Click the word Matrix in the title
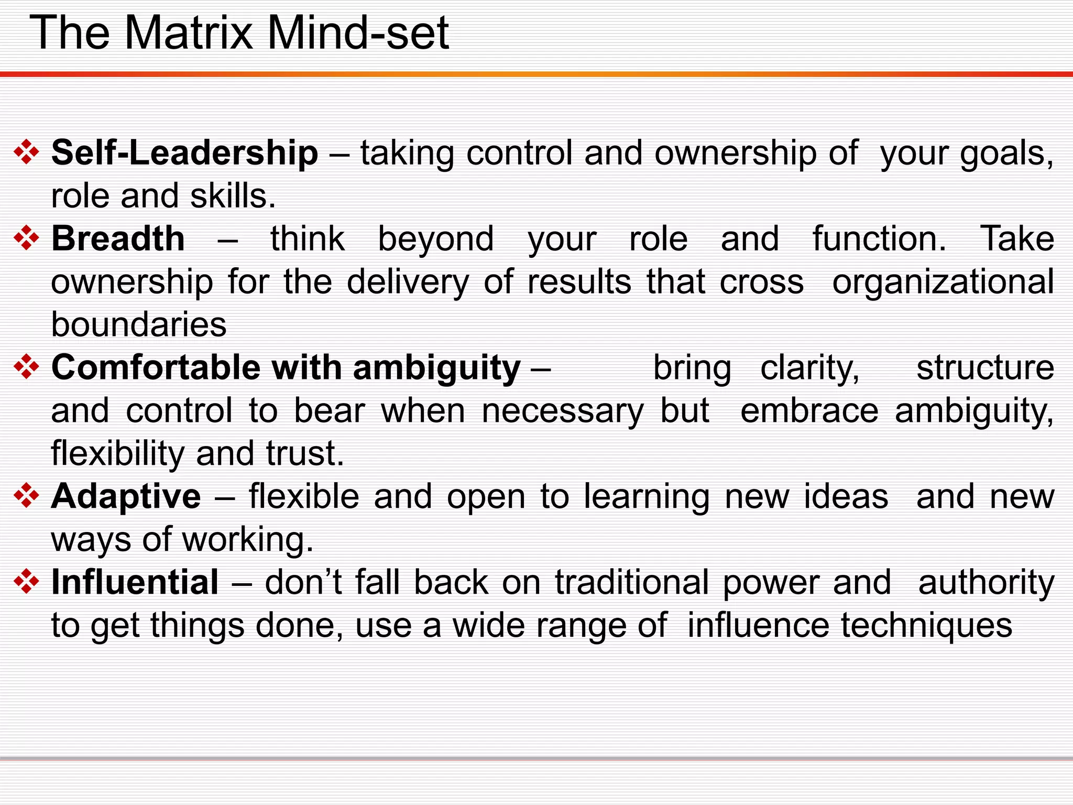tap(189, 32)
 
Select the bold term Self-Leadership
tap(184, 153)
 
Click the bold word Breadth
tap(118, 239)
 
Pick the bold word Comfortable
tap(156, 367)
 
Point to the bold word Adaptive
tap(126, 496)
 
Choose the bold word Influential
tap(135, 582)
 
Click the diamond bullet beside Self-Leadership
tap(27, 153)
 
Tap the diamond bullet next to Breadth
tap(27, 238)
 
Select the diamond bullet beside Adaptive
tap(27, 496)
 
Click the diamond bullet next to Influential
tap(27, 582)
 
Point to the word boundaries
tap(139, 324)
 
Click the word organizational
tap(943, 282)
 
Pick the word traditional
tap(632, 582)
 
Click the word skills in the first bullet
tap(232, 196)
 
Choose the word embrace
tap(809, 410)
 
